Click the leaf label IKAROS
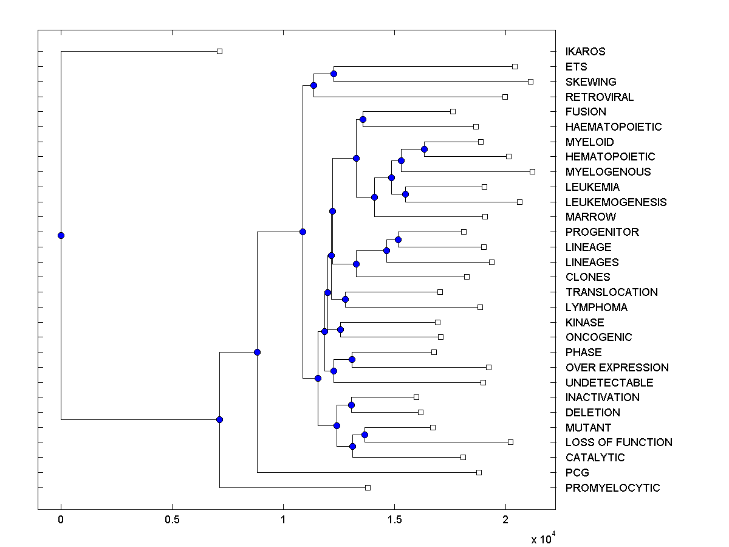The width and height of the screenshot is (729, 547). coord(585,52)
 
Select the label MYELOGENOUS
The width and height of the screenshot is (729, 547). coord(607,172)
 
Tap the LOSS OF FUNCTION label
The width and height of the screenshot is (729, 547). coord(618,442)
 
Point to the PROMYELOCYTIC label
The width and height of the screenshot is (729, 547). coord(612,488)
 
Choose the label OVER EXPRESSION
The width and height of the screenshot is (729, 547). coord(617,368)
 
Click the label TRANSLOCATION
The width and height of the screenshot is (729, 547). coord(611,292)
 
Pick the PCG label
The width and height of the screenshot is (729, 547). coord(577,473)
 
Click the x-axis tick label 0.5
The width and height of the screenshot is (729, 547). coord(172,520)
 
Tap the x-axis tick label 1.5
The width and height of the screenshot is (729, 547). coord(394,520)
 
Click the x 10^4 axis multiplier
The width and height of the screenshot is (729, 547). coord(543,538)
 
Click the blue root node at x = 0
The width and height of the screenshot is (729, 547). coord(61,235)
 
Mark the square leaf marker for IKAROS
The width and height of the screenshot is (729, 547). coord(220,51)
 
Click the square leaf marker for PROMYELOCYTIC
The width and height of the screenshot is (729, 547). coord(368,487)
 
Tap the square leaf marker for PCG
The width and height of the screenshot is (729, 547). coord(479,472)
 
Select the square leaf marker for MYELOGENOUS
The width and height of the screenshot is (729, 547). coord(532,171)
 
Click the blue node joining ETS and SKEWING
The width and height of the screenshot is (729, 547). coord(334,74)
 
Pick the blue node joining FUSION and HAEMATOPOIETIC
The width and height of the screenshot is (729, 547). coord(363,119)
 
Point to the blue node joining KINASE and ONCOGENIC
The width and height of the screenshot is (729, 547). coord(340,329)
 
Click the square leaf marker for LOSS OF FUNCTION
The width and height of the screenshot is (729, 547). coord(510,442)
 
